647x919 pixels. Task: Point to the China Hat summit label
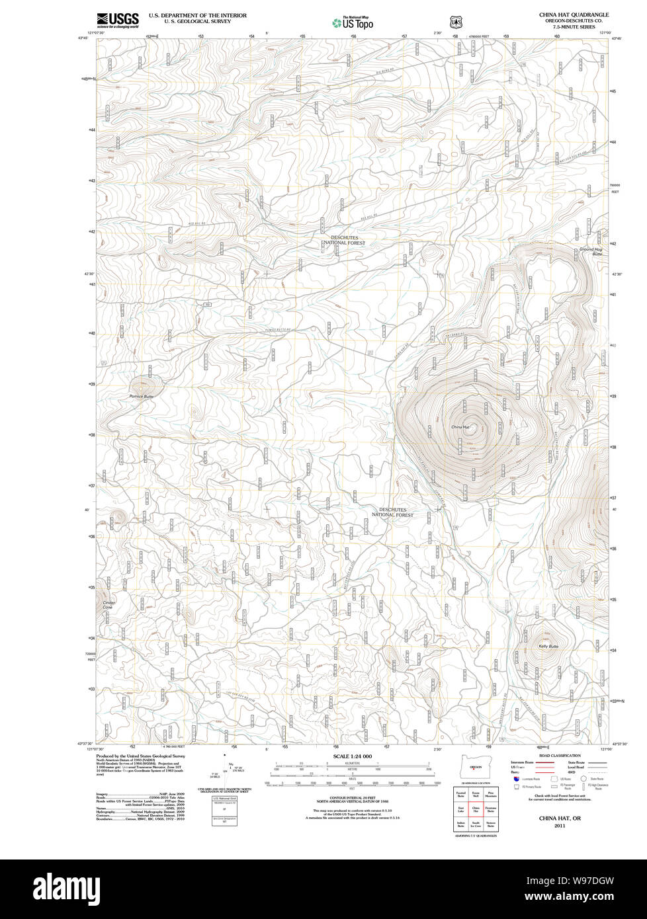tap(460, 427)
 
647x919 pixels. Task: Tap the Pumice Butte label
tap(141, 396)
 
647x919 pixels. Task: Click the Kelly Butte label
tap(548, 646)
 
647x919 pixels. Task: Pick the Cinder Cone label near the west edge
tap(108, 605)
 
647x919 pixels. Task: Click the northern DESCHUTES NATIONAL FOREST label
tap(347, 240)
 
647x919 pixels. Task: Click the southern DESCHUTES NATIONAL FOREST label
tap(392, 512)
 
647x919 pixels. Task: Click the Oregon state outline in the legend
tap(474, 767)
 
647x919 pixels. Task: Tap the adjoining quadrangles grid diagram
tap(474, 808)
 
